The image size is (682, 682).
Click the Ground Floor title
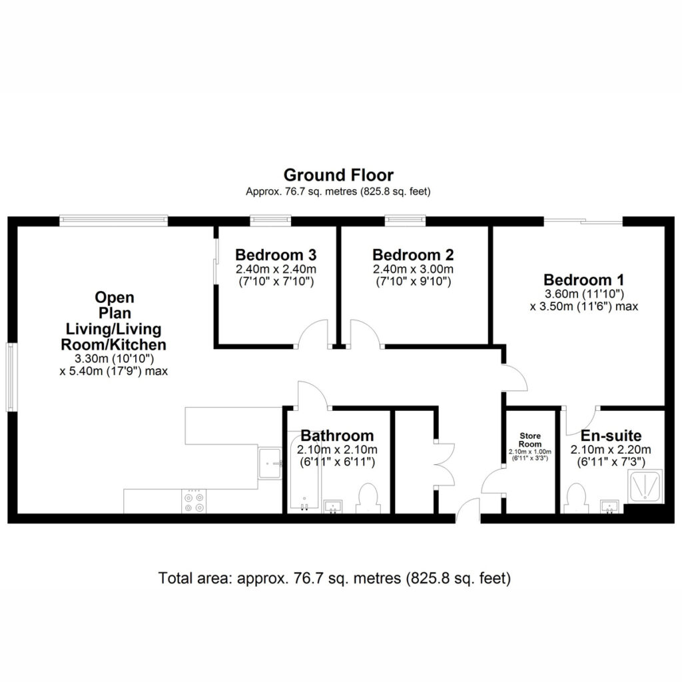338,175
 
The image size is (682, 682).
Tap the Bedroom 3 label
276,254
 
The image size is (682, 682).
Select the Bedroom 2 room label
413,254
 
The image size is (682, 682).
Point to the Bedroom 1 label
583,280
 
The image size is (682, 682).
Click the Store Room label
529,440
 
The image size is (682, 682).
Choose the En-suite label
611,436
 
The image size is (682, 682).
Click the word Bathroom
337,436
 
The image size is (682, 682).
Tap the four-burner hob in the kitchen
194,501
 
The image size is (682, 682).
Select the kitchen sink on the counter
270,464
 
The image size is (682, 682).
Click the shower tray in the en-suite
645,486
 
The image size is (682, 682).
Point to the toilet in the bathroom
368,498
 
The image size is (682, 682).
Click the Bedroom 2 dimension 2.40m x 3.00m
413,269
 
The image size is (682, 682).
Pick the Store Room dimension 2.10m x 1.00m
529,452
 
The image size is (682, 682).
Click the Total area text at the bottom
334,578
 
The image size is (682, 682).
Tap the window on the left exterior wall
11,377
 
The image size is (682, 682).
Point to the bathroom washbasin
333,507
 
